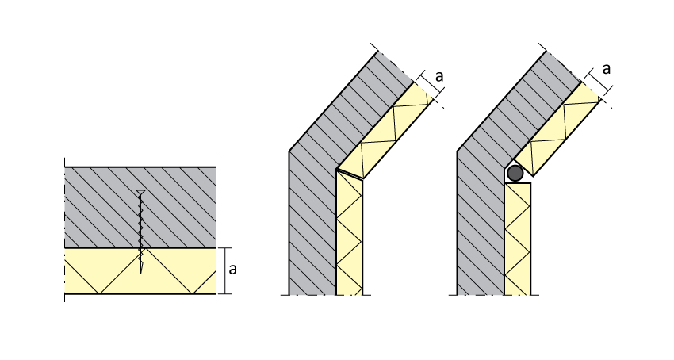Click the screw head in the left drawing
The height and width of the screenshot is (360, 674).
(140, 193)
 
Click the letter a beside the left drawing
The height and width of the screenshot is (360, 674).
(232, 268)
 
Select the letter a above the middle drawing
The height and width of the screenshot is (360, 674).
(439, 75)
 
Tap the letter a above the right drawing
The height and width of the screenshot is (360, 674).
(607, 68)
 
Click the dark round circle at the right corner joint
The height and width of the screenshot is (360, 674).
(515, 172)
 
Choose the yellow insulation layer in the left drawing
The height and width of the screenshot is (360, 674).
(95, 271)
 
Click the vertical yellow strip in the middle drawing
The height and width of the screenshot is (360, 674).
(350, 238)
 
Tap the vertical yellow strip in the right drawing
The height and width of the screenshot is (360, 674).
(518, 238)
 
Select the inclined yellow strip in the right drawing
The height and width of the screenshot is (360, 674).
(559, 131)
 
